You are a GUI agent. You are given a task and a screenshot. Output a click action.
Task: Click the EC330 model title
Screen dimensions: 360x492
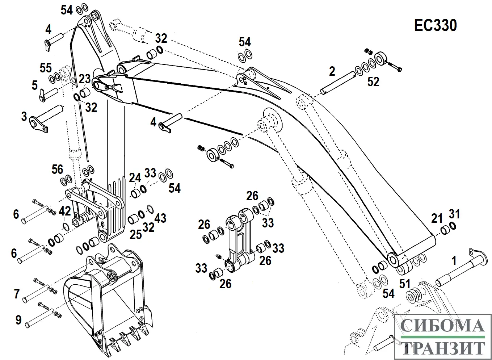pyautogui.click(x=436, y=26)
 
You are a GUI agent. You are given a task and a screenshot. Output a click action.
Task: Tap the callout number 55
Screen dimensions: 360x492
pyautogui.click(x=46, y=68)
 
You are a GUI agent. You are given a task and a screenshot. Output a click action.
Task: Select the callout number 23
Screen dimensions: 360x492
pyautogui.click(x=85, y=79)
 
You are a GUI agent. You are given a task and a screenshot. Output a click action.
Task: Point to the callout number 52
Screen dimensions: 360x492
pyautogui.click(x=373, y=82)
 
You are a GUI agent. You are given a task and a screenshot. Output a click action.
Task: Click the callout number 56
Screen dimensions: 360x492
pyautogui.click(x=57, y=169)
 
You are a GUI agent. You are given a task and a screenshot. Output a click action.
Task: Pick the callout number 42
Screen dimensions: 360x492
pyautogui.click(x=65, y=211)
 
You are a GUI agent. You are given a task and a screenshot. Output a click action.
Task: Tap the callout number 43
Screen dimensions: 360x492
pyautogui.click(x=160, y=218)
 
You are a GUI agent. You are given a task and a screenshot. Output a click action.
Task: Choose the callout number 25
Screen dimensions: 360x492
pyautogui.click(x=136, y=234)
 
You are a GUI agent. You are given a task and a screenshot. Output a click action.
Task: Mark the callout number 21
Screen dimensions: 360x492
pyautogui.click(x=437, y=218)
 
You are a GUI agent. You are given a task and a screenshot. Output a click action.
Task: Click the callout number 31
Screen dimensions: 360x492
pyautogui.click(x=454, y=214)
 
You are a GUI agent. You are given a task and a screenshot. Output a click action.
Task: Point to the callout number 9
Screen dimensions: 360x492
pyautogui.click(x=18, y=320)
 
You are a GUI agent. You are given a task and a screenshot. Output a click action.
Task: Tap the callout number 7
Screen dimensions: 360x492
pyautogui.click(x=17, y=293)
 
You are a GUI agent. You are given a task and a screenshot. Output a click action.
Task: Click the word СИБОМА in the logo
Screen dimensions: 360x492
pyautogui.click(x=442, y=326)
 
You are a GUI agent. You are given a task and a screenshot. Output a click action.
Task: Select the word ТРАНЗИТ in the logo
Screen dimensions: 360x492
pyautogui.click(x=442, y=348)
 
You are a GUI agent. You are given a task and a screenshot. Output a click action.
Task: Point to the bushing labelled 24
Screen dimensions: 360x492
pyautogui.click(x=136, y=193)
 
